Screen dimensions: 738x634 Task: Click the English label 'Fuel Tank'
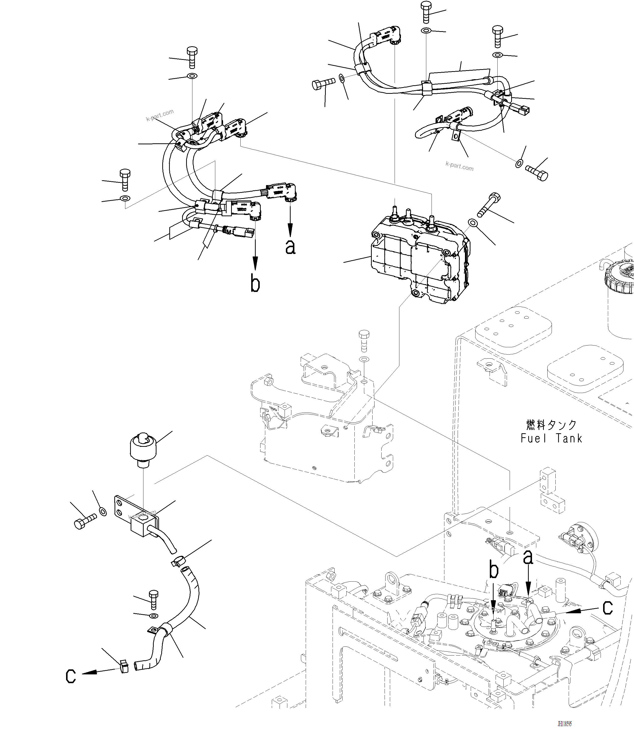(x=551, y=439)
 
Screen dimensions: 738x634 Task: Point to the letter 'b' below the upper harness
(x=255, y=284)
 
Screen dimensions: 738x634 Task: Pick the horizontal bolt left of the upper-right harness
(x=323, y=84)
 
